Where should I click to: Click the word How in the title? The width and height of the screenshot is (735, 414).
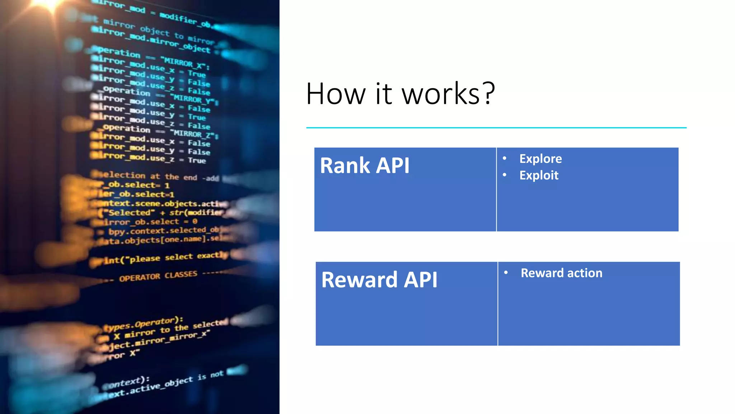[336, 94]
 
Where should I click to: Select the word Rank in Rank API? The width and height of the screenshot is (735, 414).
[345, 166]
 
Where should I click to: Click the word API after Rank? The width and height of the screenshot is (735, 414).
[393, 166]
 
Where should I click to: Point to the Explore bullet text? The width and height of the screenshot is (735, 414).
[540, 158]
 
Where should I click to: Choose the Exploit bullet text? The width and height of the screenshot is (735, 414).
[539, 175]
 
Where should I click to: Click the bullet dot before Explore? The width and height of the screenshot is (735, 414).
[504, 158]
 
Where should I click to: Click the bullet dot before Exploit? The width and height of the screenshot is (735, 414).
[504, 175]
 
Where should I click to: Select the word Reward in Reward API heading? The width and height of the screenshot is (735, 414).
[359, 280]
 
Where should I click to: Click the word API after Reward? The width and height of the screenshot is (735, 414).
[420, 280]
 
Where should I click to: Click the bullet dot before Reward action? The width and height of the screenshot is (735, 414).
[506, 272]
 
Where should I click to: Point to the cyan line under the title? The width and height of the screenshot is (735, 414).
[496, 128]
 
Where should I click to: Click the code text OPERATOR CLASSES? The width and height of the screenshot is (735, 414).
[158, 276]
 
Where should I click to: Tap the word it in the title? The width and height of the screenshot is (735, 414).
[383, 94]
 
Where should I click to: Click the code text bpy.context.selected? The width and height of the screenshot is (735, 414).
[158, 231]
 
